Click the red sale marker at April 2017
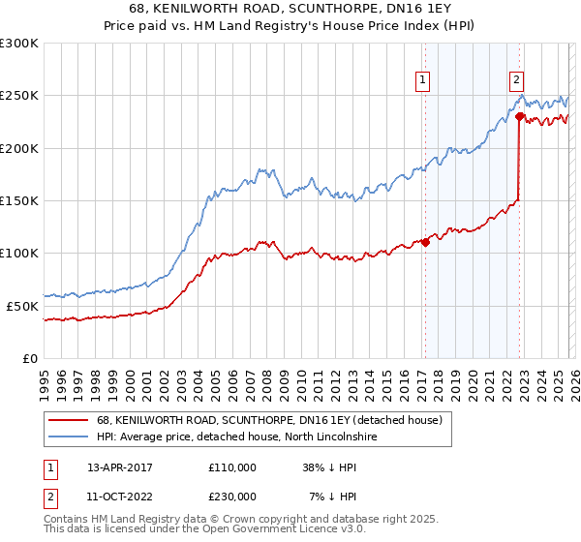pos(425,243)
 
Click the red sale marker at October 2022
pos(519,117)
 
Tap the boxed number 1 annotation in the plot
pos(424,80)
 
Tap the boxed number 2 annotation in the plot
pos(517,80)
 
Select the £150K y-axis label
pos(19,200)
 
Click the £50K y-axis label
pos(23,305)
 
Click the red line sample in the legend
pos(68,420)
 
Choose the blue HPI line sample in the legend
pos(68,437)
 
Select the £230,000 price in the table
pos(232,496)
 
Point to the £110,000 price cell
pos(232,467)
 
